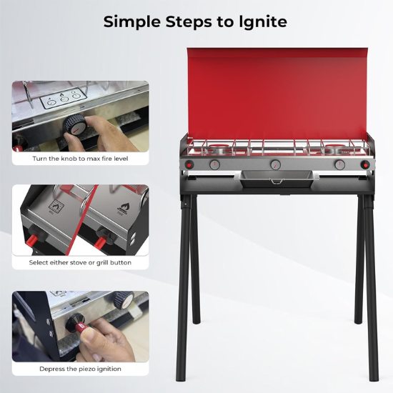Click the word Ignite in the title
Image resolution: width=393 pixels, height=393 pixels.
point(262,21)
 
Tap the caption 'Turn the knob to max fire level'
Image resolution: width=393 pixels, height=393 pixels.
point(80,158)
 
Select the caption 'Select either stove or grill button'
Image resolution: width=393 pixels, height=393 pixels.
point(80,263)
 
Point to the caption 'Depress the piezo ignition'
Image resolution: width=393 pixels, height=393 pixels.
point(80,369)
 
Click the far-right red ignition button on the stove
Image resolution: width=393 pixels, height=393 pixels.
point(365,166)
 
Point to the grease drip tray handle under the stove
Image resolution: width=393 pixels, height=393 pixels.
point(274,182)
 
